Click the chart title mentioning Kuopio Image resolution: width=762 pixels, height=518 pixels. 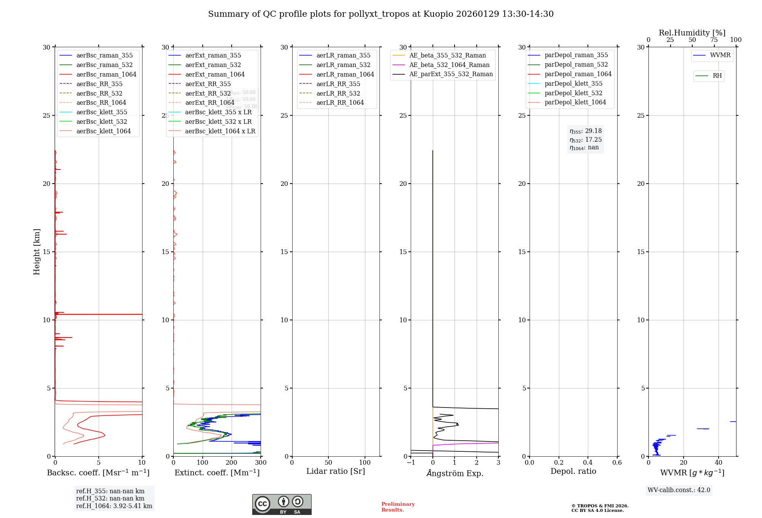coord(381,14)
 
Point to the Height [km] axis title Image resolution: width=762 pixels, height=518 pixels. coord(37,252)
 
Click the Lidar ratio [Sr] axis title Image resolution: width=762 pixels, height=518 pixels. coord(336,471)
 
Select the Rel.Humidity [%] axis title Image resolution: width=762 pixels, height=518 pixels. coord(692,33)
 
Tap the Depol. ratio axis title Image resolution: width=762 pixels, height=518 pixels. coord(573,471)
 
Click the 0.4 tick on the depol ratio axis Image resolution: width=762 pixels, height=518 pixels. coord(588,463)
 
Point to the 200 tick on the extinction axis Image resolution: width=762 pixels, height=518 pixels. coord(232,463)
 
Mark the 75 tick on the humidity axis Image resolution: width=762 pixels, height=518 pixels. coord(714,40)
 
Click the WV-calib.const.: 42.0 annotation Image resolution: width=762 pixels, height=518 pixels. coord(679,490)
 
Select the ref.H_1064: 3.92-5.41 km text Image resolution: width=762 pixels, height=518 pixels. coord(114,506)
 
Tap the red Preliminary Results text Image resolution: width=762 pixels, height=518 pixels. coord(398,507)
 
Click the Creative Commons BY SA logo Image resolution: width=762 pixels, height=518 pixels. coord(282,504)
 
